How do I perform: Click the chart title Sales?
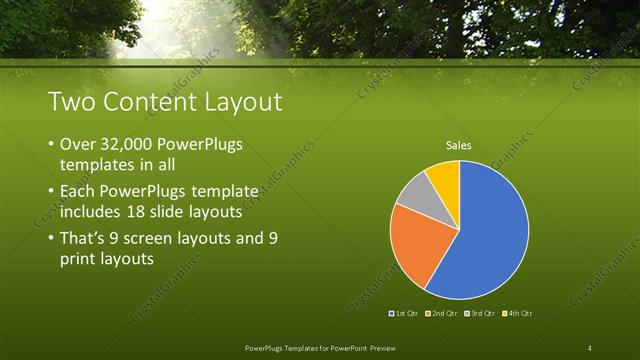459,146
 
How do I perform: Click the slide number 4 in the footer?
589,347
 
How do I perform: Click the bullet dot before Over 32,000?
51,146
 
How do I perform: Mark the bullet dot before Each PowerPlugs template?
51,191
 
